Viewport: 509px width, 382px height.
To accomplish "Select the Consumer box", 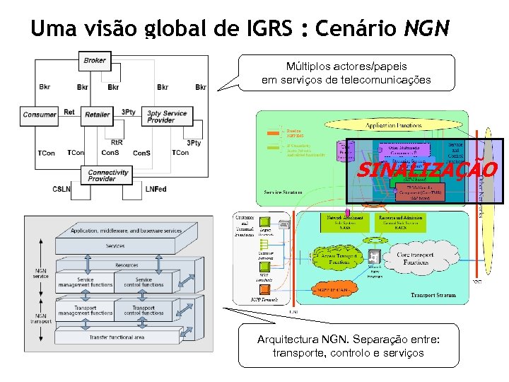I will tap(40, 115).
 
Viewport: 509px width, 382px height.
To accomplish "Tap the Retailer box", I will tap(97, 115).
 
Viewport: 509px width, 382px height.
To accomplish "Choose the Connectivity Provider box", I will tap(108, 175).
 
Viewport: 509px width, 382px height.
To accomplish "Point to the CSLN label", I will tap(62, 189).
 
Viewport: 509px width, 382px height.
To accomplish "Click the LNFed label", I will tap(156, 189).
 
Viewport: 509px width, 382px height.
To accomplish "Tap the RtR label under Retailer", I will tap(117, 142).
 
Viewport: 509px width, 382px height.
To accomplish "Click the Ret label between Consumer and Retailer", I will tap(69, 112).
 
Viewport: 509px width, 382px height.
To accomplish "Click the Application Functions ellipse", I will tap(393, 125).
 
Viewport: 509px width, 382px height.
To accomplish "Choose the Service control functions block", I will tap(144, 282).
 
